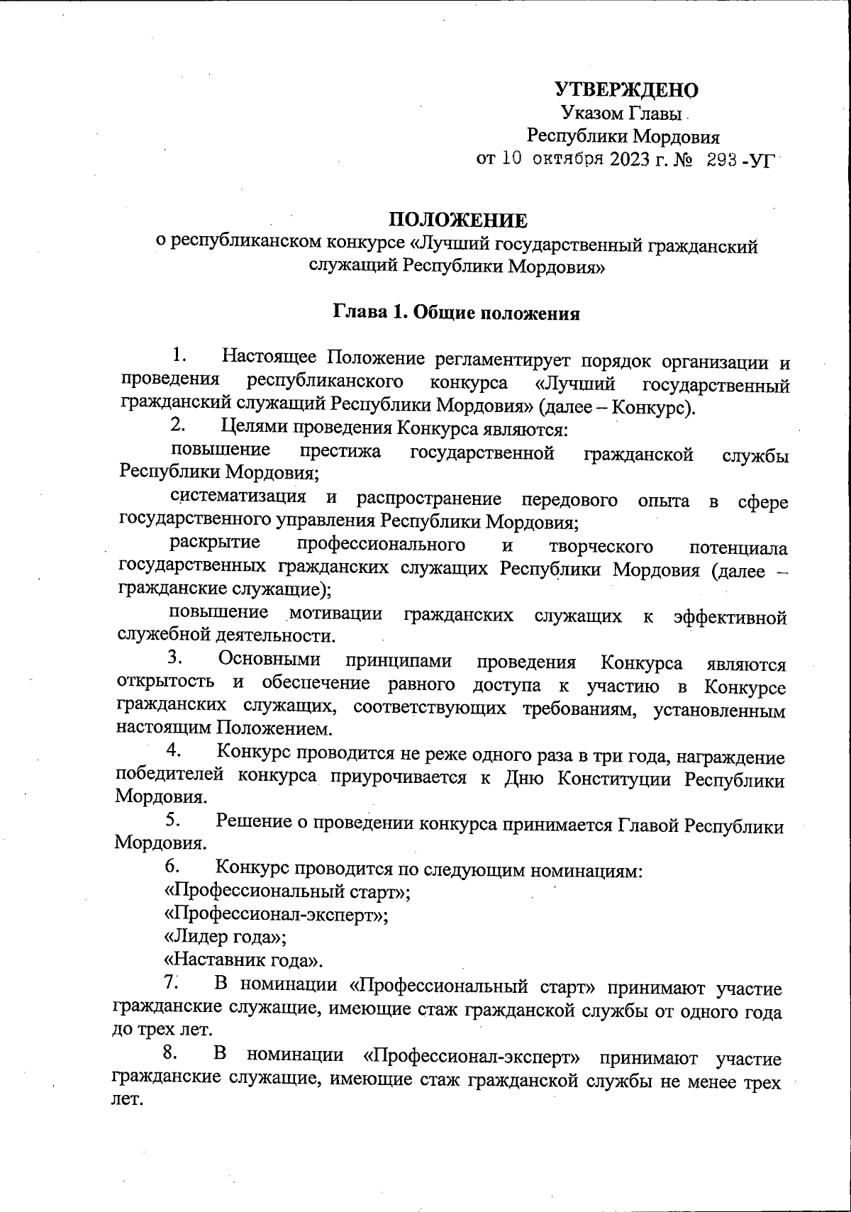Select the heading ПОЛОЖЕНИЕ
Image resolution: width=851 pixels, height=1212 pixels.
coord(457,221)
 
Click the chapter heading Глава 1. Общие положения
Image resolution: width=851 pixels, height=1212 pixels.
coord(457,313)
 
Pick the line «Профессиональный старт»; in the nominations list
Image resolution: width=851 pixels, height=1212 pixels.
coord(287,890)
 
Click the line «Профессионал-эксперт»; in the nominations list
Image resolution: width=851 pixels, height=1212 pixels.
coord(276,913)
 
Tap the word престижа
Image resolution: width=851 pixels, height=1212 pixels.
coord(340,451)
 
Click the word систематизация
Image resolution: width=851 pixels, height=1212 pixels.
coord(239,497)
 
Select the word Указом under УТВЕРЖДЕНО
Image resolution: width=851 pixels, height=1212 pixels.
coord(588,113)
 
